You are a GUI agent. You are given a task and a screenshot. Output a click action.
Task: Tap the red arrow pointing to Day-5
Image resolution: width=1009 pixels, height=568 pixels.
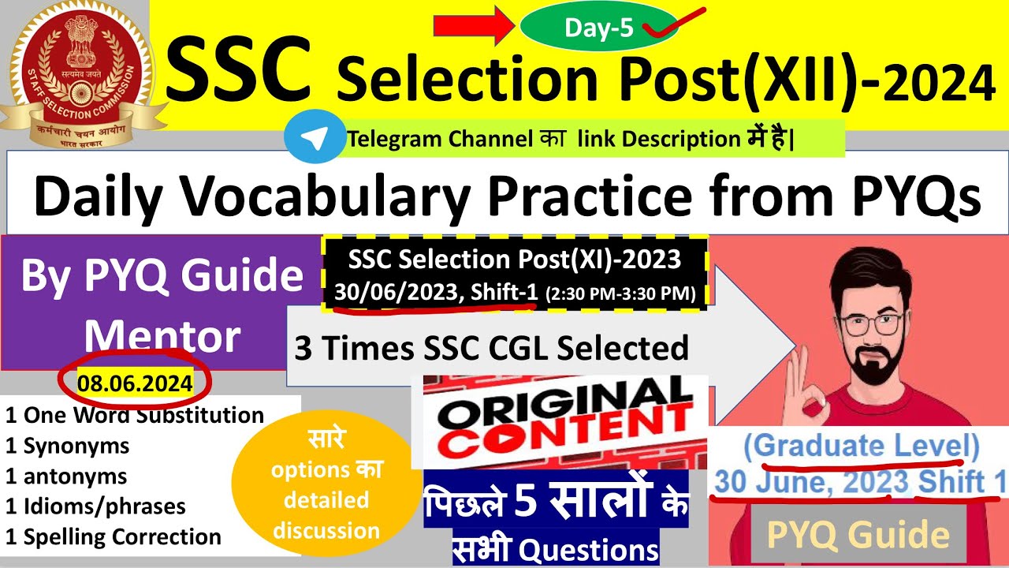point(474,28)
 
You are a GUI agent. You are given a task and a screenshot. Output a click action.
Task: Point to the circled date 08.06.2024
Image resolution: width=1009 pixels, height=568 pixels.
point(135,384)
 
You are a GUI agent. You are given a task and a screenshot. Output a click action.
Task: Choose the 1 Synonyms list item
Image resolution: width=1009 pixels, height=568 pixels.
point(67,446)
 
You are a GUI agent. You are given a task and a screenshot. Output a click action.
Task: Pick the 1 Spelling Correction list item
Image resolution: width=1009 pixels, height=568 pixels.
point(113,536)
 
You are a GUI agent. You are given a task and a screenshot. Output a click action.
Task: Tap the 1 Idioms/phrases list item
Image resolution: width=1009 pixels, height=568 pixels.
point(95,506)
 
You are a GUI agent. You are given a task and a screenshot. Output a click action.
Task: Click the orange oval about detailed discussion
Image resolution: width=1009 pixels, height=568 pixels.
point(326,484)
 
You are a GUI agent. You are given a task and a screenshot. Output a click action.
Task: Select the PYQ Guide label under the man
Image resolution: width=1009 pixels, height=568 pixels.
point(858,536)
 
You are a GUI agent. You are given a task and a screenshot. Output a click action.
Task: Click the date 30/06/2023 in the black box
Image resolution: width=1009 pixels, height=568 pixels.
point(395,293)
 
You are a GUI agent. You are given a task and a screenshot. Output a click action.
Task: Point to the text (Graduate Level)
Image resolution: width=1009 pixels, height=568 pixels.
point(861,447)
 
